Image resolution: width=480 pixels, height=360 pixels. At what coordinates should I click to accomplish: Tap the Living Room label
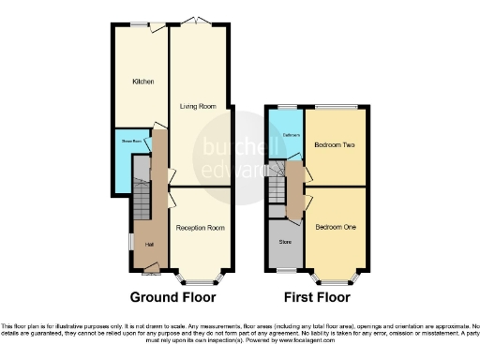[198, 107]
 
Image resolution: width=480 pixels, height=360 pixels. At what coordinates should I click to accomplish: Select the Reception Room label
[200, 227]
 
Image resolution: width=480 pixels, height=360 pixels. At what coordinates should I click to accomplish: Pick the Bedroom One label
[334, 227]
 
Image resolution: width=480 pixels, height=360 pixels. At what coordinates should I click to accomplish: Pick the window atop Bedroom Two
[335, 106]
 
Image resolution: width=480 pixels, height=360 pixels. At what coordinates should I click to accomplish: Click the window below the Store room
[285, 269]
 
